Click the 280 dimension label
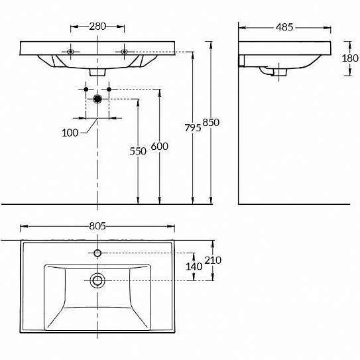tap(97, 27)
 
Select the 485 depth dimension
tap(284, 27)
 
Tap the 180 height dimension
tap(350, 58)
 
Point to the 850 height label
tap(211, 123)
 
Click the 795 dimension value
tap(193, 128)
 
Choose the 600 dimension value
tap(160, 147)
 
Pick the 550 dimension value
tap(138, 151)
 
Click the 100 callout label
tap(70, 133)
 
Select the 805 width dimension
tap(97, 226)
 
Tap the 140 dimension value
tap(194, 267)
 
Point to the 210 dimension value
tap(213, 261)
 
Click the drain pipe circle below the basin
tap(97, 99)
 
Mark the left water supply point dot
tap(86, 89)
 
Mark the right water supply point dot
tap(109, 89)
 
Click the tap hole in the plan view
tap(97, 253)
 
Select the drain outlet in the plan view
tap(97, 280)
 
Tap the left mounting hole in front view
tap(70, 52)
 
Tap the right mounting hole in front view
tap(124, 52)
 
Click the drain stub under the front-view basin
tap(97, 72)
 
